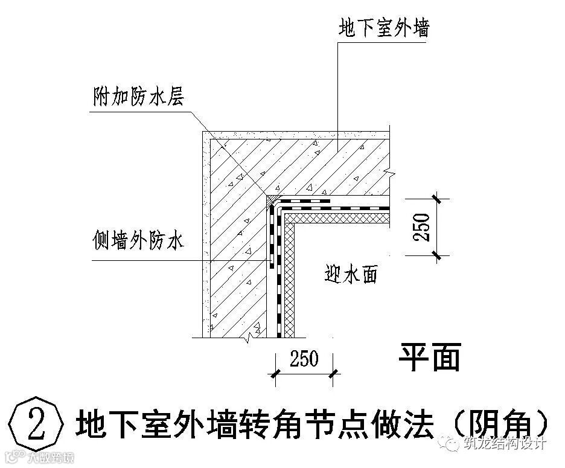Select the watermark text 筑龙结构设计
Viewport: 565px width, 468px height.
(505, 443)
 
